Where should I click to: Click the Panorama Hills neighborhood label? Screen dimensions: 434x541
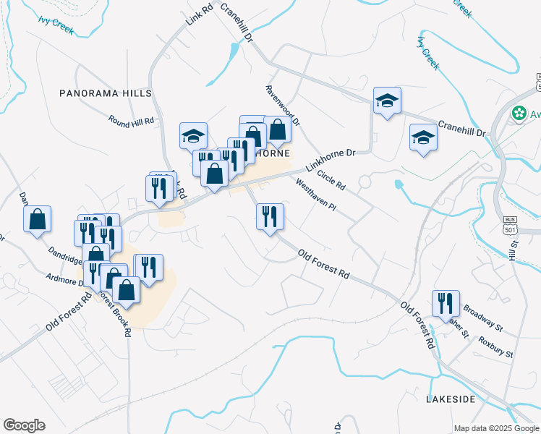[x=106, y=93]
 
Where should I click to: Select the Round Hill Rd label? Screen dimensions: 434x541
[x=132, y=119]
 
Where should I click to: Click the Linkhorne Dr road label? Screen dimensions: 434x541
[x=331, y=159]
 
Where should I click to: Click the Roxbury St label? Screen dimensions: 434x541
[x=495, y=346]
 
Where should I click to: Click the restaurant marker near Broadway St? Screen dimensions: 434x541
[x=446, y=304]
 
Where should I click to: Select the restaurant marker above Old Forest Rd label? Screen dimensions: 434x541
[x=270, y=217]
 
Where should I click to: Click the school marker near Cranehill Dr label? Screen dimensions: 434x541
[x=423, y=138]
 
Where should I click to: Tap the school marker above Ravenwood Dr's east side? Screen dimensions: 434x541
[x=387, y=101]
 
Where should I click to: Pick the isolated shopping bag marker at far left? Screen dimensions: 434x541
[x=38, y=219]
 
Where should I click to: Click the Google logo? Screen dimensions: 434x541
[x=24, y=425]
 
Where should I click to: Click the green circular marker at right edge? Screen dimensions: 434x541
[x=519, y=114]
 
